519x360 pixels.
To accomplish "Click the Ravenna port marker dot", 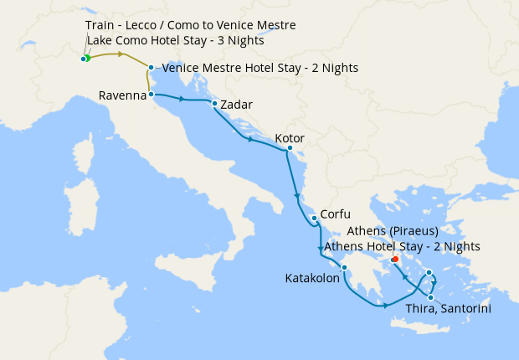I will point(151,95).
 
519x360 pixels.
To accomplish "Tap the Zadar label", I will point(236,105).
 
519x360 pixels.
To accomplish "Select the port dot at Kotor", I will point(289,149).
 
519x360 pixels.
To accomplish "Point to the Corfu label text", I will point(335,213).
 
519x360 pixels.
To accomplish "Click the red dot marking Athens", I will point(394,259).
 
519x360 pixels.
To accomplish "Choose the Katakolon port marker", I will point(344,268).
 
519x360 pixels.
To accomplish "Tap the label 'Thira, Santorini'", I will point(447,309).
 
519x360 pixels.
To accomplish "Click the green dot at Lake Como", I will point(86,59).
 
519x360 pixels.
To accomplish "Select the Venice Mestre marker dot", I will point(151,67).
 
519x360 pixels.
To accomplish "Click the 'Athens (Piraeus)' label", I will point(392,230).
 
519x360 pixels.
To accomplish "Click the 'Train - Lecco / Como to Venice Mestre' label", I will point(190,26).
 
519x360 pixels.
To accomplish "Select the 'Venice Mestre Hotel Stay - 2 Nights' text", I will point(259,67).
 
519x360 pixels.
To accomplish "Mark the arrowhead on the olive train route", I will point(122,54).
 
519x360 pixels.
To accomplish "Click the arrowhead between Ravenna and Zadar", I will point(181,99).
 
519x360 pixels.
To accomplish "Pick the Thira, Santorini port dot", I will point(430,297).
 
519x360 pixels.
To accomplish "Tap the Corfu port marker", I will point(314,219).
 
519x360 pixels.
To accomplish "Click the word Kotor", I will point(289,138).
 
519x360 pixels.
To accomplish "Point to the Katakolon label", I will point(312,278).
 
